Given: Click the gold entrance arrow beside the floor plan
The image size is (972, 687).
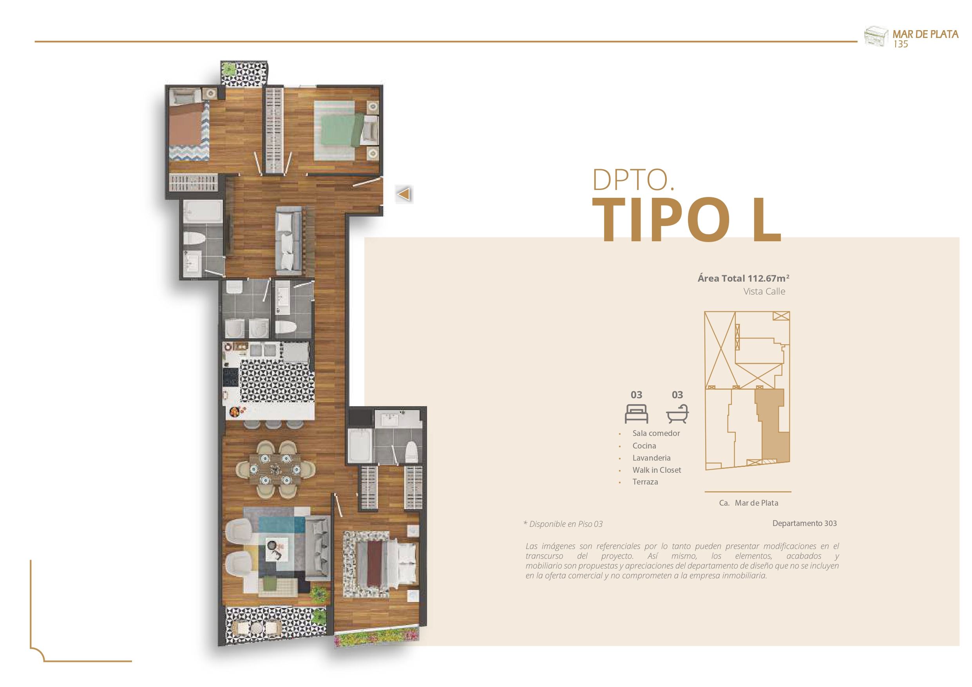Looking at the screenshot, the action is (x=404, y=194).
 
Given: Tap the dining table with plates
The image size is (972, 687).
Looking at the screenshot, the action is (x=275, y=469).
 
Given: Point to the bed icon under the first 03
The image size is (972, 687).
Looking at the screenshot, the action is (x=636, y=414).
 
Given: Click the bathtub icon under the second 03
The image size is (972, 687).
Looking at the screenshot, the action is (x=677, y=414).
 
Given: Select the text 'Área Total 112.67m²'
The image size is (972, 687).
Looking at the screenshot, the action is (x=743, y=278).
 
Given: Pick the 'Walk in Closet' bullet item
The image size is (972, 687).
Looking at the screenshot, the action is (x=657, y=470).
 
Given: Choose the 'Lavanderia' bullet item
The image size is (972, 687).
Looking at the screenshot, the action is (x=652, y=457).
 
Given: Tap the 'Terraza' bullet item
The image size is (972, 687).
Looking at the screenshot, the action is (x=645, y=482).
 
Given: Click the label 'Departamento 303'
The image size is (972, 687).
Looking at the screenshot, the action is (x=804, y=523).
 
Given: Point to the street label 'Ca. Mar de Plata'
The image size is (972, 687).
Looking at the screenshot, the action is (x=748, y=503).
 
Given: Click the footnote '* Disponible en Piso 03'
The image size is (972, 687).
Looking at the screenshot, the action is (x=563, y=524).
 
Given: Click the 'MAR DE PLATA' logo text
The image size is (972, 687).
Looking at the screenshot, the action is (x=925, y=34).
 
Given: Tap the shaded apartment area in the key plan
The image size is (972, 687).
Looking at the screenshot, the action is (x=773, y=428).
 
